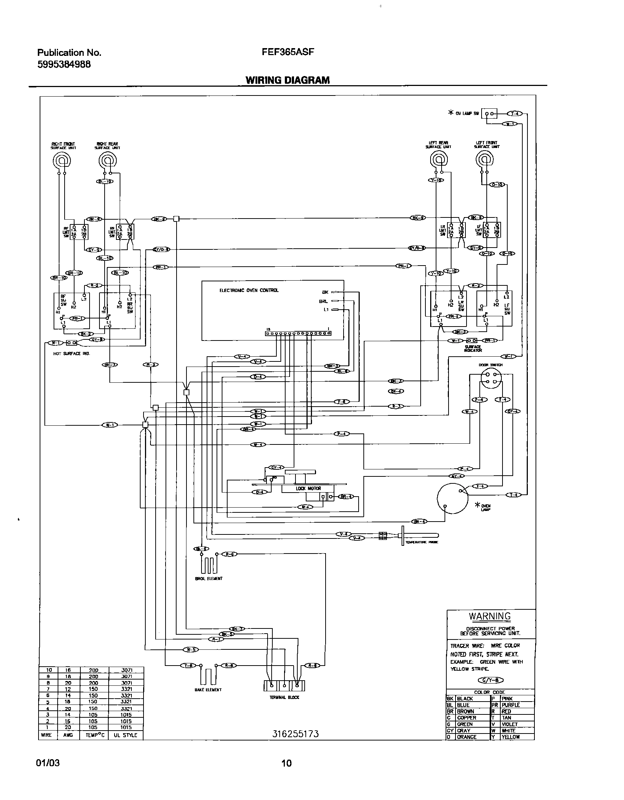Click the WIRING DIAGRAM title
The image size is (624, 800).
point(287,80)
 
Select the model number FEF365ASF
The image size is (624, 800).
point(288,52)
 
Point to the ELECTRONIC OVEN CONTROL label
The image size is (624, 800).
point(249,290)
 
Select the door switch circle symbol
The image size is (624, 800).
point(491,378)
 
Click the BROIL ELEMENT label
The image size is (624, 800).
point(208,579)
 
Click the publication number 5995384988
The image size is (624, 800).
point(64,64)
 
